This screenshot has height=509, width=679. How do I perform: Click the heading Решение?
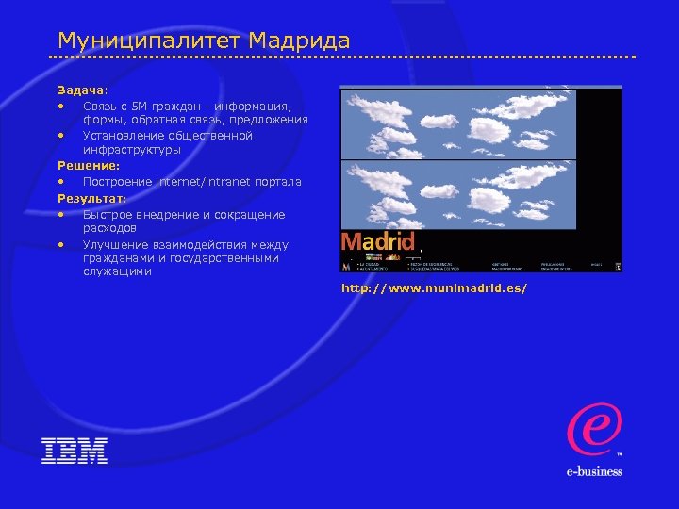(88, 166)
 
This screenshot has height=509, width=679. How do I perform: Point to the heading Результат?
(91, 198)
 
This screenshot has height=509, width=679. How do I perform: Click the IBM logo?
(75, 451)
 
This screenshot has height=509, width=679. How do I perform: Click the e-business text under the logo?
(594, 471)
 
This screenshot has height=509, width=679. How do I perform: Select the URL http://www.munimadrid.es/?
(434, 287)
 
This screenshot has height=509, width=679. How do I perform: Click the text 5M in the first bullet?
(138, 106)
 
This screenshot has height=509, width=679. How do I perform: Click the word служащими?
(117, 271)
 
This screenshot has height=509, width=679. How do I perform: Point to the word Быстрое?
(110, 214)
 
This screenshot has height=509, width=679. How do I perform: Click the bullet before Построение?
(61, 181)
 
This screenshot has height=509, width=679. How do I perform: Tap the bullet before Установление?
(61, 136)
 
